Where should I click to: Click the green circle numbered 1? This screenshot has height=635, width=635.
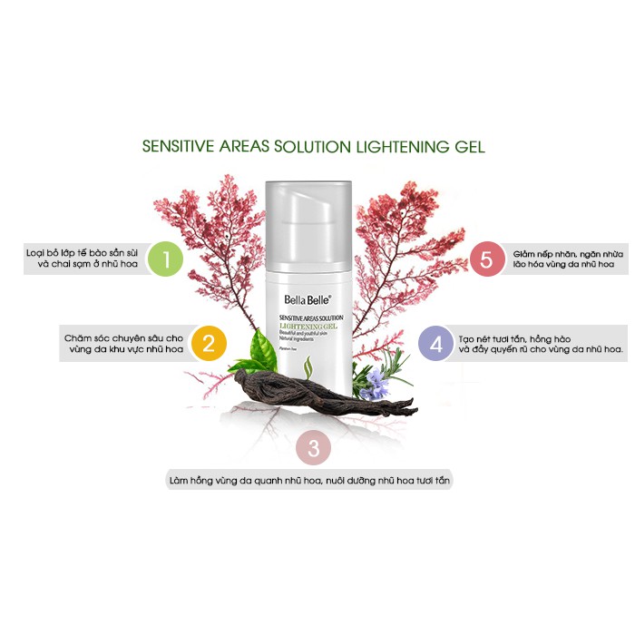click(166, 259)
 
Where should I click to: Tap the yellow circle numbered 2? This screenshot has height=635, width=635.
click(208, 344)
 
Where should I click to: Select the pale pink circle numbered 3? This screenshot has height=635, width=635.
click(314, 447)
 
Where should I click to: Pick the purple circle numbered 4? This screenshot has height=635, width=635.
click(436, 344)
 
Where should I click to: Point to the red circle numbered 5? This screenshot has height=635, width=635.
click(486, 259)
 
